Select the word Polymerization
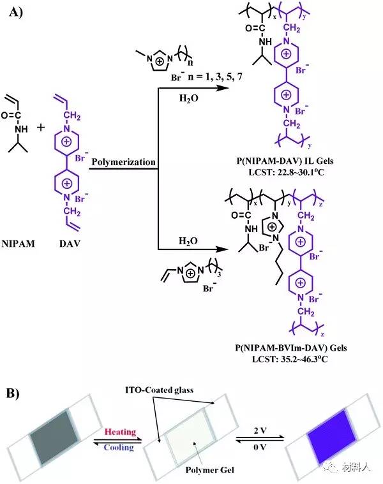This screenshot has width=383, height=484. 123,163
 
